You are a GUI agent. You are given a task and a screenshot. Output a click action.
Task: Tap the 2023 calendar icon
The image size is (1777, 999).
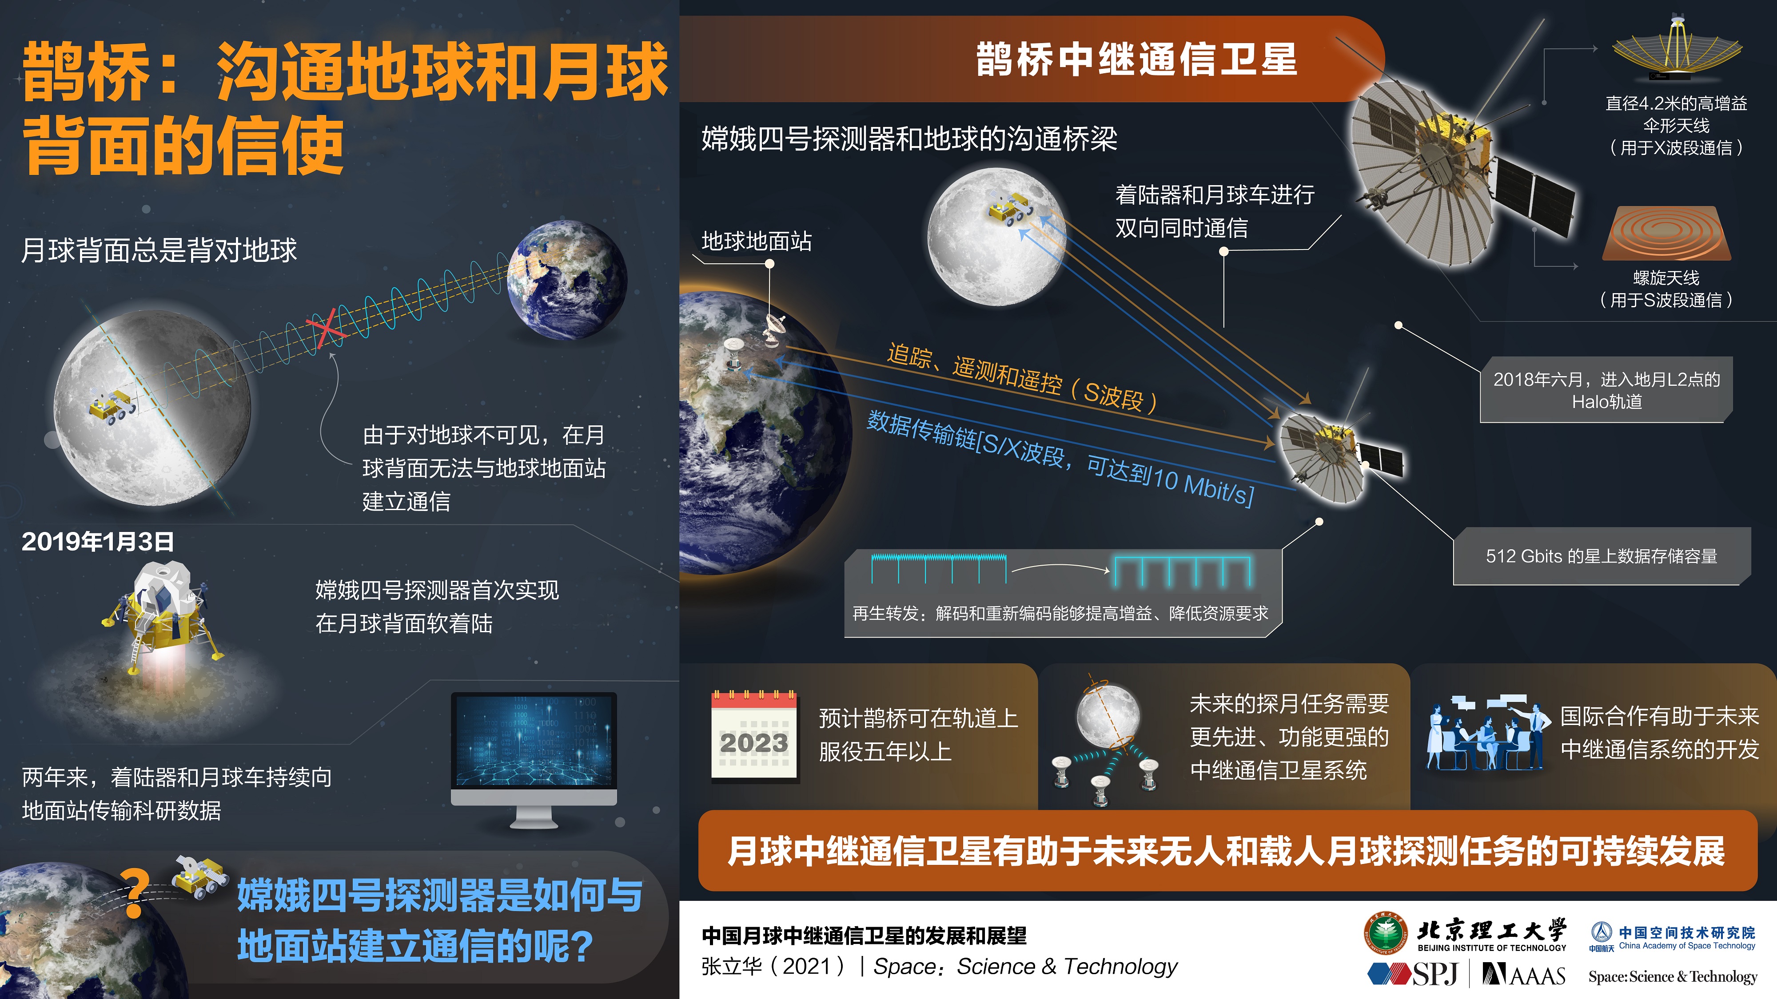[755, 736]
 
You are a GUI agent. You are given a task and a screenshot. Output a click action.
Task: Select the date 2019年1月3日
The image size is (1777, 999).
[98, 542]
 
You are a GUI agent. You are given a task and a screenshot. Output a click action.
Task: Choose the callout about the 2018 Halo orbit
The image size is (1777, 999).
[1606, 390]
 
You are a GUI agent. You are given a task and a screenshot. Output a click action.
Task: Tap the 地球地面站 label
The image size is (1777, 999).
[757, 241]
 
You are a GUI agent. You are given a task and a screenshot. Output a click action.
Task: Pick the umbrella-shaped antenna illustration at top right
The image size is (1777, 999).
[1676, 48]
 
